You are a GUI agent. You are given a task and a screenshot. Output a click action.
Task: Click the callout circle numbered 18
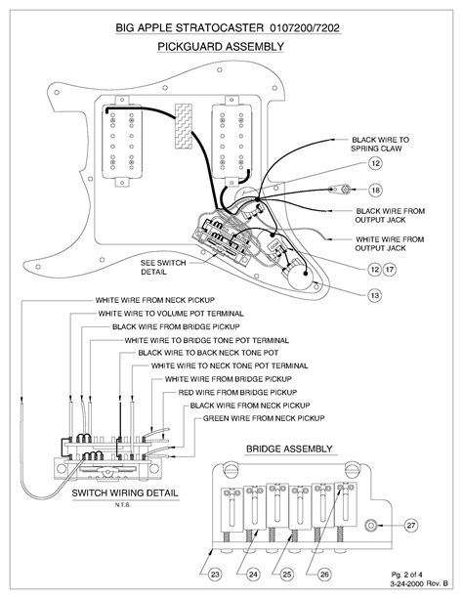tap(376, 190)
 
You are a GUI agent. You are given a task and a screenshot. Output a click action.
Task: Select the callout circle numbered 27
tap(411, 526)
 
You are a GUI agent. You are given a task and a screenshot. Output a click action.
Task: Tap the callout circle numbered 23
tap(215, 575)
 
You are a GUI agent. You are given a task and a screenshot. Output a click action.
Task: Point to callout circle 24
tap(253, 575)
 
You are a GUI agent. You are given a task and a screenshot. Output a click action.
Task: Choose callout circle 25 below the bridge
tap(287, 575)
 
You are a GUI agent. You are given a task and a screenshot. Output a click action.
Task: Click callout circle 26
tap(324, 575)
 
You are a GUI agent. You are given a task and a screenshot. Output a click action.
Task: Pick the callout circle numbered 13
tap(375, 295)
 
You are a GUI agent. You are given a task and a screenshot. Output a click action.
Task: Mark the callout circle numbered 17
tap(390, 270)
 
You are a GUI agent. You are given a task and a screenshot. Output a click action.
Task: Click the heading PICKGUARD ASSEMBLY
tap(221, 47)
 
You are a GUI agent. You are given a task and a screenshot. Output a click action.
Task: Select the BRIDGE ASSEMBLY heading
tap(289, 449)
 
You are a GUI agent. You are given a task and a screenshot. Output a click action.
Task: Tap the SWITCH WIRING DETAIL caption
tap(125, 492)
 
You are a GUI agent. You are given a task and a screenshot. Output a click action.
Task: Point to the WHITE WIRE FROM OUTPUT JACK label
tap(390, 243)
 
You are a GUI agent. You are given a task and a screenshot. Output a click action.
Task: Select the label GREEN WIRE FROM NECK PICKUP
tap(264, 418)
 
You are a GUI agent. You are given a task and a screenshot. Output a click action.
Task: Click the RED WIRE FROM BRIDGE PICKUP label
tap(237, 392)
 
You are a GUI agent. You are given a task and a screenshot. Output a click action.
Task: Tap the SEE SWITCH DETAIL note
tap(163, 268)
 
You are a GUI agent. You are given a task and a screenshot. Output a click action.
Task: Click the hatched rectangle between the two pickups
tap(184, 126)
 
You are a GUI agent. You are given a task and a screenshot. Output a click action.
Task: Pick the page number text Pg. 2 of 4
tap(407, 575)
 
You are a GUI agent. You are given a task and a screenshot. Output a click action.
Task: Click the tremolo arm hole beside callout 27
tap(370, 526)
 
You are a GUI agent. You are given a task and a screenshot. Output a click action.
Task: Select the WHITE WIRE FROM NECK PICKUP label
tap(155, 300)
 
